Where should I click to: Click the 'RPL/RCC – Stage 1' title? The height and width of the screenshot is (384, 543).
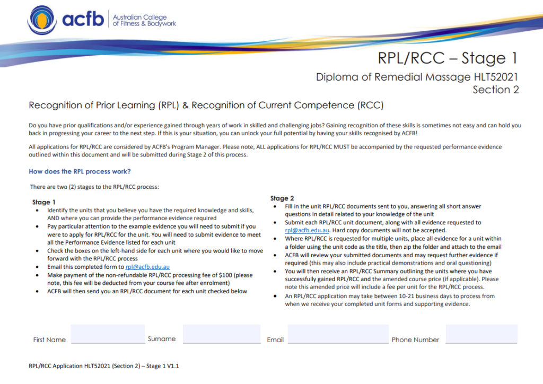click(x=447, y=58)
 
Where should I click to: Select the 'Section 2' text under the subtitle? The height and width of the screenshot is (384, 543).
click(x=495, y=90)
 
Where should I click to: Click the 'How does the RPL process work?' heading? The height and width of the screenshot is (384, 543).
click(x=80, y=171)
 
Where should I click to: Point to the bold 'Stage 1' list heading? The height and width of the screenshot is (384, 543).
click(x=44, y=202)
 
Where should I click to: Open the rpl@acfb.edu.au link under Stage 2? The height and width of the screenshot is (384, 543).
click(x=307, y=230)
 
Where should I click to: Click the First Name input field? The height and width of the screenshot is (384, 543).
click(x=108, y=334)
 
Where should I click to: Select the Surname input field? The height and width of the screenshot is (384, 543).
click(x=222, y=334)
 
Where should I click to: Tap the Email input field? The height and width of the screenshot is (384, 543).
click(x=338, y=334)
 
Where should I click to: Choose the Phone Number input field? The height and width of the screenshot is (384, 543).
click(x=481, y=334)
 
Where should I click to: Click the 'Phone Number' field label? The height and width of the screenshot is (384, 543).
click(x=415, y=340)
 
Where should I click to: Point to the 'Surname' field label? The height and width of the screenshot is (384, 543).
click(x=162, y=339)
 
